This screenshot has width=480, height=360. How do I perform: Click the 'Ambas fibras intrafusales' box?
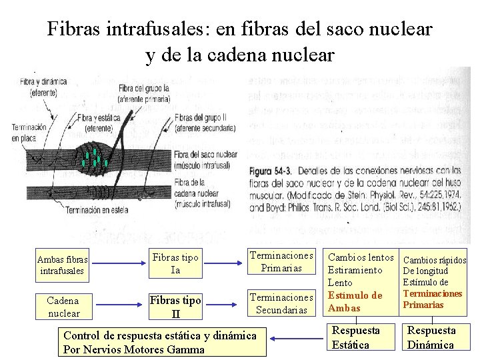tap(63, 265)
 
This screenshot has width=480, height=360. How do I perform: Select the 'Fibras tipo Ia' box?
tap(176, 264)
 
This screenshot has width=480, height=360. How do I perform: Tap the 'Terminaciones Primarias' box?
tap(281, 261)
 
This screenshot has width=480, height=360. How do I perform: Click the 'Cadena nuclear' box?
tap(64, 307)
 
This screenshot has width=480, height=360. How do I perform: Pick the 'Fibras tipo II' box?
tap(175, 307)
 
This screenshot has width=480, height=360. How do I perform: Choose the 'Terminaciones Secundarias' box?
tap(281, 303)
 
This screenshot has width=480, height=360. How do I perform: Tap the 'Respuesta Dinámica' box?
tap(431, 337)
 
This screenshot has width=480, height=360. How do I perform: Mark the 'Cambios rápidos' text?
tap(435, 260)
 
